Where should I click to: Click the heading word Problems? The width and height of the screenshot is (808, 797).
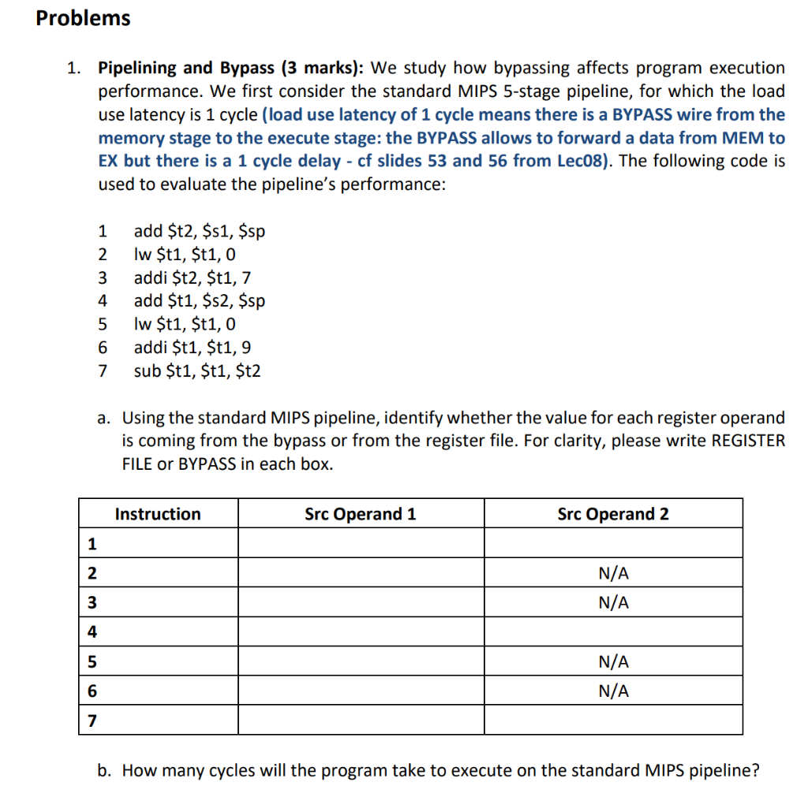click(x=83, y=18)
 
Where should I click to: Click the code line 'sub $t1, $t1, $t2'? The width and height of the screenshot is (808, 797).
click(x=197, y=370)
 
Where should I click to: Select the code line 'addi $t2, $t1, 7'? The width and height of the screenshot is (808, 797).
click(x=193, y=277)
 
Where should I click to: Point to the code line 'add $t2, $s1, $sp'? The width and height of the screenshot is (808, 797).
click(x=200, y=231)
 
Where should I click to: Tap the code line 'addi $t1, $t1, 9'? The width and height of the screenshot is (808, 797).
click(x=193, y=347)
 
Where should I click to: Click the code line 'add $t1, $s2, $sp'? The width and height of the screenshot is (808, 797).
click(x=200, y=300)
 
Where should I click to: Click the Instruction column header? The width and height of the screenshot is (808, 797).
click(x=158, y=514)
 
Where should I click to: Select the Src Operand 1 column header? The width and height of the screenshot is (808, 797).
click(x=360, y=514)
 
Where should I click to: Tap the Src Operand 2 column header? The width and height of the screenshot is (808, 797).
click(x=613, y=514)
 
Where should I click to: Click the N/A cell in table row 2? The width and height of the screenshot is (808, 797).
click(x=613, y=573)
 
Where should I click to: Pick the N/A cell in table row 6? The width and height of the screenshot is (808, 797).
click(x=613, y=691)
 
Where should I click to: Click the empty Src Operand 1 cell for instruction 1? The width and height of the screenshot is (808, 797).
click(x=361, y=543)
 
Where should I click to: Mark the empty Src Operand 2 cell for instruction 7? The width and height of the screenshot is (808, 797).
click(x=613, y=721)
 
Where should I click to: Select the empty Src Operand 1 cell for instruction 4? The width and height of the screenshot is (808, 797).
click(x=361, y=631)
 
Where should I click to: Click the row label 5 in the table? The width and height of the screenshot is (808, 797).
click(x=93, y=661)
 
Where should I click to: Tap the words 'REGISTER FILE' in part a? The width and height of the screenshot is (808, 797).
click(x=748, y=440)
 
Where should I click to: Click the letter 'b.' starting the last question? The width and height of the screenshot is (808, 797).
click(x=104, y=770)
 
